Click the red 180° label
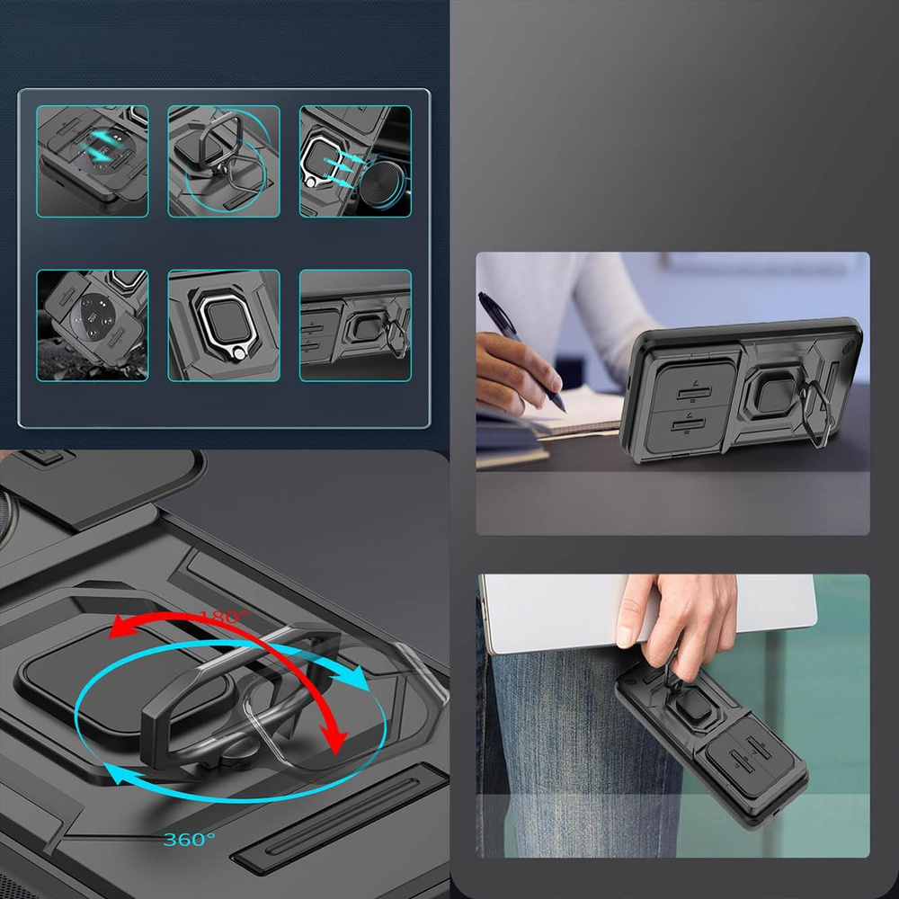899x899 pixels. pyautogui.click(x=224, y=617)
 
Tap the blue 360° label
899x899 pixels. pyautogui.click(x=189, y=840)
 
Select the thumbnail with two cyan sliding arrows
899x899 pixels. pyautogui.click(x=93, y=161)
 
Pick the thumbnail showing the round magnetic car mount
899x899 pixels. pyautogui.click(x=355, y=161)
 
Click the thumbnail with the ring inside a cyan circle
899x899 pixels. pyautogui.click(x=224, y=161)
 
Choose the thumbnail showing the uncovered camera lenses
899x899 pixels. pyautogui.click(x=93, y=325)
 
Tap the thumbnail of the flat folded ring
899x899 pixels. pyautogui.click(x=224, y=325)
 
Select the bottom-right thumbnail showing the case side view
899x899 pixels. pyautogui.click(x=355, y=325)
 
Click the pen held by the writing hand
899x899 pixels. pyautogui.click(x=519, y=350)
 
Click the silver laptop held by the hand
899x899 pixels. pyautogui.click(x=648, y=613)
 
